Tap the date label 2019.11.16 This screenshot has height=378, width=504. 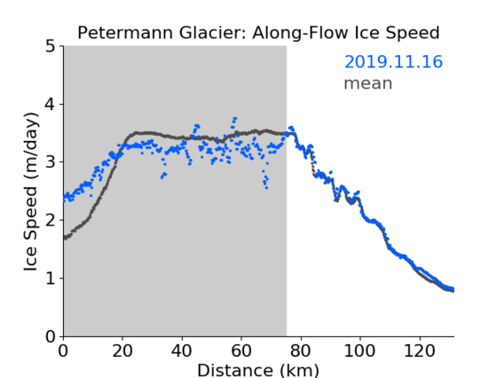pyautogui.click(x=393, y=62)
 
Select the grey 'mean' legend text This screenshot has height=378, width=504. pyautogui.click(x=368, y=83)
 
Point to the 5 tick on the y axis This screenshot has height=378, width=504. pyautogui.click(x=51, y=47)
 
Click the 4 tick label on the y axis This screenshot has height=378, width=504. pyautogui.click(x=51, y=105)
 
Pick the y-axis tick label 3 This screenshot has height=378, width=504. pyautogui.click(x=51, y=162)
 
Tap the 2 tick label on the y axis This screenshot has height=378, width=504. pyautogui.click(x=51, y=220)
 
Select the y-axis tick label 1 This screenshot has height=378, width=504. pyautogui.click(x=51, y=278)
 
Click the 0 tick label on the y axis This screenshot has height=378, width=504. pyautogui.click(x=51, y=336)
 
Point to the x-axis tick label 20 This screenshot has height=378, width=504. pyautogui.click(x=122, y=351)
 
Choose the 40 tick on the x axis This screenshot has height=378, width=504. pyautogui.click(x=182, y=351)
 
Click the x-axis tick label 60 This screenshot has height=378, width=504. pyautogui.click(x=241, y=351)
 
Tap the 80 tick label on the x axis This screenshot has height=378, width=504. pyautogui.click(x=301, y=351)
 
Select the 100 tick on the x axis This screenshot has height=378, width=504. pyautogui.click(x=359, y=351)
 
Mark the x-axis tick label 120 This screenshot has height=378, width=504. pyautogui.click(x=419, y=351)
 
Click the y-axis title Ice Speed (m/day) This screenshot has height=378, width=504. pyautogui.click(x=31, y=192)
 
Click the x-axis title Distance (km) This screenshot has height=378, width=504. pyautogui.click(x=258, y=370)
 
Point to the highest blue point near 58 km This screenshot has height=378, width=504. pyautogui.click(x=235, y=118)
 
